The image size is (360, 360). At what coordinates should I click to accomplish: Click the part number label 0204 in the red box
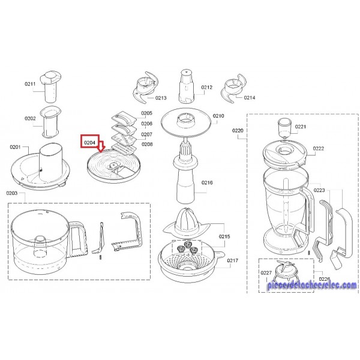[x=89, y=143]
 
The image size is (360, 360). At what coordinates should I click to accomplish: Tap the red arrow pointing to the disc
[x=101, y=147]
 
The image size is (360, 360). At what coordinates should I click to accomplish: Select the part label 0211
[x=30, y=84]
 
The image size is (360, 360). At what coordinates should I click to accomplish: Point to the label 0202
[x=30, y=118]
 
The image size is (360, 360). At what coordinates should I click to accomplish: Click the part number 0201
[x=15, y=147]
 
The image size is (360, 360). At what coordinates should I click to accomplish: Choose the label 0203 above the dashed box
[x=12, y=193]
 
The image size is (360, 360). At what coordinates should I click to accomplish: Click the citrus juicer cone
[x=187, y=222]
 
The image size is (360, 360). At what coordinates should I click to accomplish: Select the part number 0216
[x=207, y=182]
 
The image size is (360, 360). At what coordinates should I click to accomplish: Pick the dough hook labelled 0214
[x=233, y=88]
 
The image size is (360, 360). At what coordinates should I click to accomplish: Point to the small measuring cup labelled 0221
[x=284, y=128]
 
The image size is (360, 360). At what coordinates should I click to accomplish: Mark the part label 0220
[x=238, y=131]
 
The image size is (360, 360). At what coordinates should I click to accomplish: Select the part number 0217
[x=233, y=260]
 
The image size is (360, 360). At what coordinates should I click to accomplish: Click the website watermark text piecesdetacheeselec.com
[x=312, y=285]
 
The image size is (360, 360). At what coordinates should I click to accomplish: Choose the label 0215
[x=224, y=236]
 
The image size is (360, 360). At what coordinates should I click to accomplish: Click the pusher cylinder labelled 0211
[x=50, y=86]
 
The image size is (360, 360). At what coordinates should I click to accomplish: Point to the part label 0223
[x=319, y=190]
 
